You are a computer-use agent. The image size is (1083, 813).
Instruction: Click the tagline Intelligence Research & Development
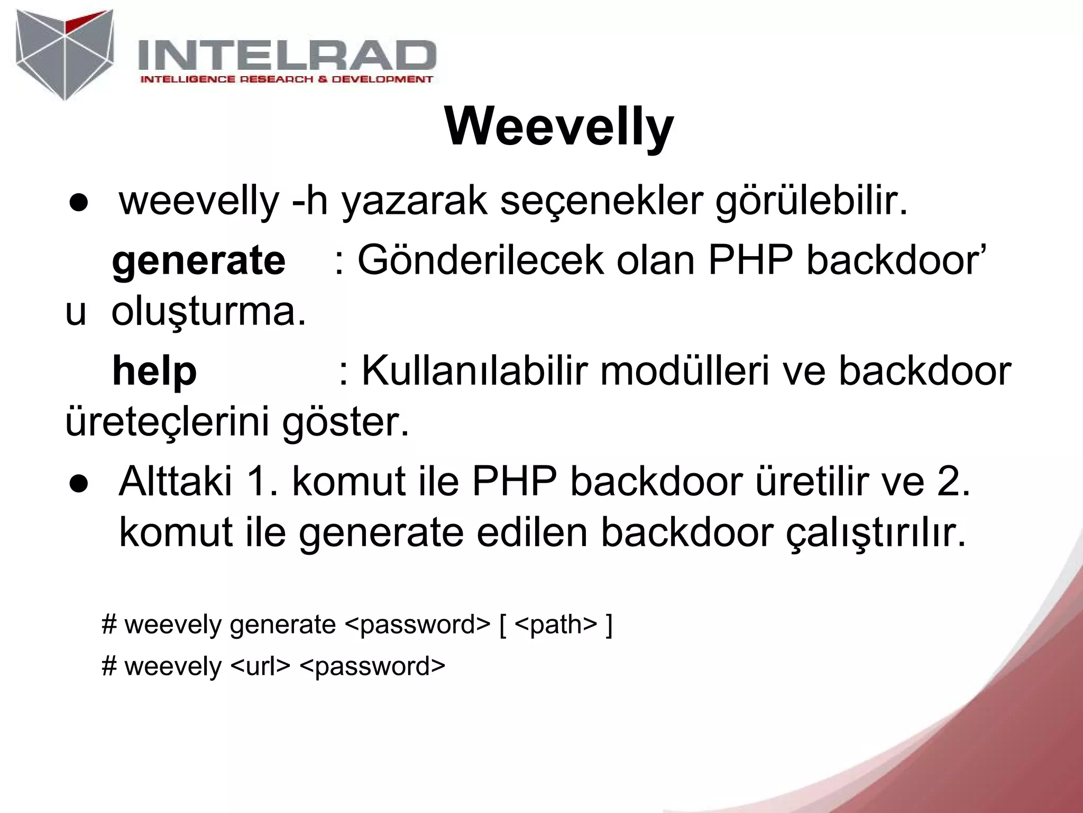[x=286, y=79]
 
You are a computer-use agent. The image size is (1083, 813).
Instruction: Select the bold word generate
[x=199, y=260]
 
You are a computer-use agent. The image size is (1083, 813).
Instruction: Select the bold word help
[x=154, y=371]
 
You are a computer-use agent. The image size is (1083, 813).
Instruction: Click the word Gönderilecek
[x=480, y=260]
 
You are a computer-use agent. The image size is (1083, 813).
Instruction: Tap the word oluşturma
[x=209, y=312]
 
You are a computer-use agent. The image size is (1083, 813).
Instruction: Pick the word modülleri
[x=685, y=371]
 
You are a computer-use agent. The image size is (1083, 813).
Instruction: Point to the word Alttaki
[x=176, y=482]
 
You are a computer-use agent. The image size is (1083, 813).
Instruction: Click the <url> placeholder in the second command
[x=261, y=666]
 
